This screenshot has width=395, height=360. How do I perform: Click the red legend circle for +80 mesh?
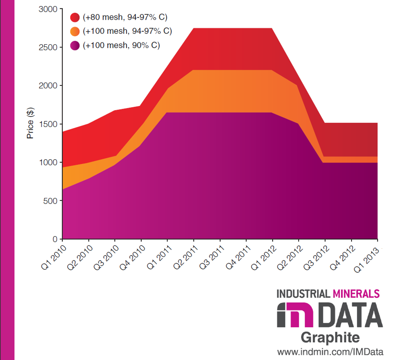pos(75,17)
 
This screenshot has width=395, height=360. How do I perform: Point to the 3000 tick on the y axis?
pos(48,9)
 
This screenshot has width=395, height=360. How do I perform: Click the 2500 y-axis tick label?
pos(48,47)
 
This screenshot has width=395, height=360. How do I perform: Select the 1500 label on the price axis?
pos(48,124)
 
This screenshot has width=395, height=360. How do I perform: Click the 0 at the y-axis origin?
pos(56,239)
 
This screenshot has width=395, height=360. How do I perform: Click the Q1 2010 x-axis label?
pos(52,257)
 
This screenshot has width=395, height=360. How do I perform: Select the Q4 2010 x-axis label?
pos(131,257)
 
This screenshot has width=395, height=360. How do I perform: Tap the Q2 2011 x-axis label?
pos(184,257)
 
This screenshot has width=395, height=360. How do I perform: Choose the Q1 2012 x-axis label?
pos(263,257)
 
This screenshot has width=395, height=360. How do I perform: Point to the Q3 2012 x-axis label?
pos(315,257)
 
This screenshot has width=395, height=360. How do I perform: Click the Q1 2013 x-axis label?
pos(368,257)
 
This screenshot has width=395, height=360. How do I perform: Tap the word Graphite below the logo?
pos(330,337)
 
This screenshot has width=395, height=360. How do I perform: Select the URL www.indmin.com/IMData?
pos(330,352)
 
